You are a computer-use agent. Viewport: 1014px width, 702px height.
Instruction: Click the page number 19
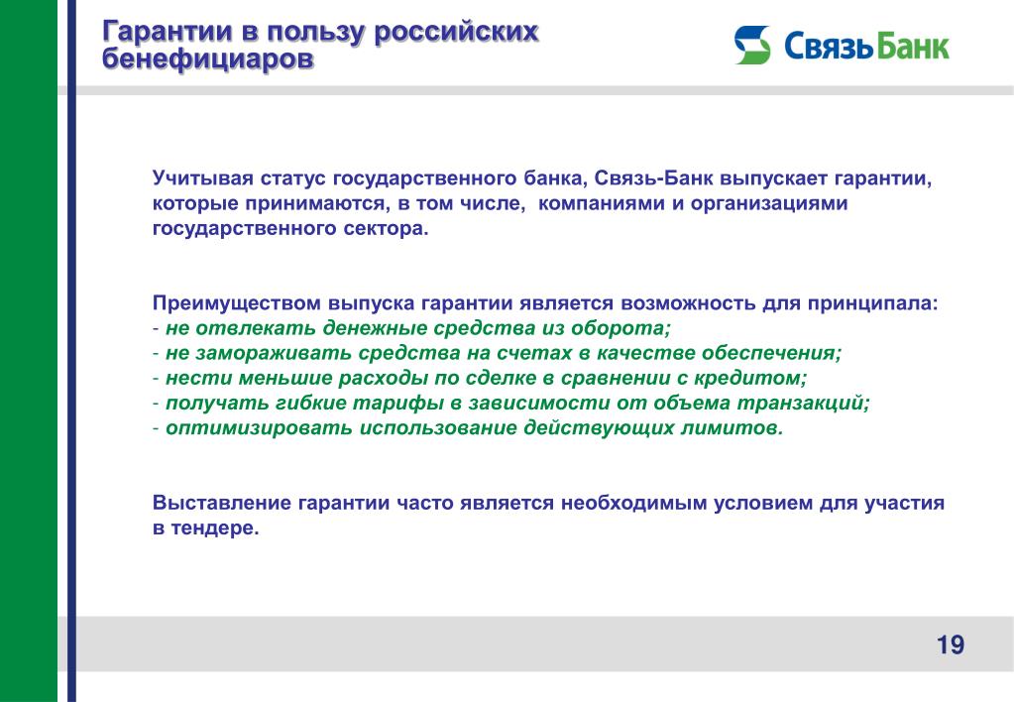click(950, 644)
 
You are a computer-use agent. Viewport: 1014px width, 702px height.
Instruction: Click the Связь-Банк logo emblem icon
click(752, 45)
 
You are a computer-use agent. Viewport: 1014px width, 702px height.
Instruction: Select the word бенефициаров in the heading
click(207, 58)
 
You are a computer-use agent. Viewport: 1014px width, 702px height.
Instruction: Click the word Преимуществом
click(237, 302)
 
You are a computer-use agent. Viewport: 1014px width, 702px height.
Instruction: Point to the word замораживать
click(274, 353)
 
